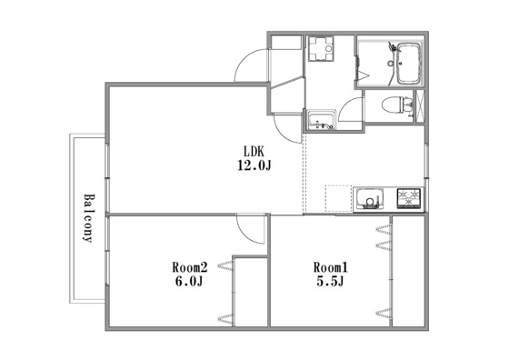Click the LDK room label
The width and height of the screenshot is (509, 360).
click(x=254, y=151)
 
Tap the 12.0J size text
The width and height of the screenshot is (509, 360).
click(x=254, y=165)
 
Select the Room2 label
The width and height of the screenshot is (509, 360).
click(x=190, y=267)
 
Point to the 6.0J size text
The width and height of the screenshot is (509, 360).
click(x=189, y=281)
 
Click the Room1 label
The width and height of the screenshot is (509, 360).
click(x=331, y=267)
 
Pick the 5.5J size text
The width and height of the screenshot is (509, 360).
click(x=330, y=281)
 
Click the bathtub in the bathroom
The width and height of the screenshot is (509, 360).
click(x=408, y=64)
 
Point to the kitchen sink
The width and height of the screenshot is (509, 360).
click(x=370, y=198)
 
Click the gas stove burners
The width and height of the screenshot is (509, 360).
click(x=409, y=198)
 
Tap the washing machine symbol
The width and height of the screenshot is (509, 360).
click(x=321, y=49)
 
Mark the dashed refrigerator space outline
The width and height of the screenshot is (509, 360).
click(x=338, y=199)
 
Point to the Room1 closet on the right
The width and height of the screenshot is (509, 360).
click(x=408, y=271)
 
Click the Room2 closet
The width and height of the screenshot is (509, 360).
click(x=251, y=292)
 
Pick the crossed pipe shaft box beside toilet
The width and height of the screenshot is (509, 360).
click(x=420, y=105)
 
